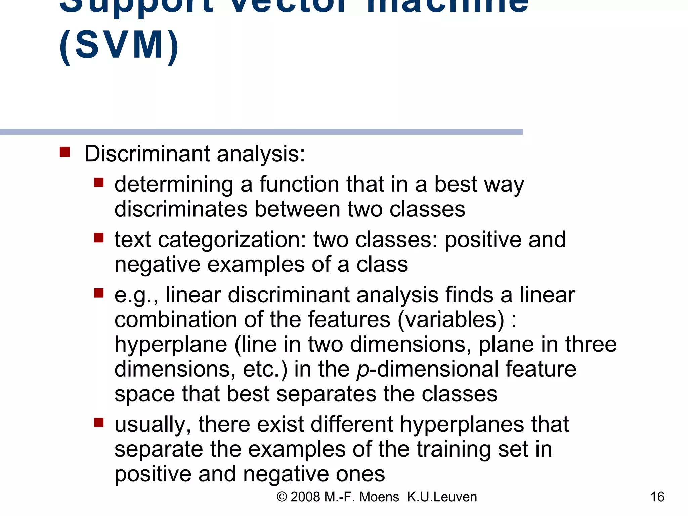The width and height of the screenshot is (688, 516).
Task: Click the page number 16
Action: pos(657,497)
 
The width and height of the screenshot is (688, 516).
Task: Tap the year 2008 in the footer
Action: pos(305,497)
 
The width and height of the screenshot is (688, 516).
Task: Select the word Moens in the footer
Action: pos(379,497)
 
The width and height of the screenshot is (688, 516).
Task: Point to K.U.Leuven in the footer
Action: pos(442,497)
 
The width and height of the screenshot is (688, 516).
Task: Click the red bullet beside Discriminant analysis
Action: pos(65,152)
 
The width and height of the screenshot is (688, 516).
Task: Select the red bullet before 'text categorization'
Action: pos(99,238)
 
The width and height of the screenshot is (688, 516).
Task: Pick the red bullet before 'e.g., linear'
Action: pos(99,293)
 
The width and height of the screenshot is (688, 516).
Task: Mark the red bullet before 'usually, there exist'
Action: pos(99,422)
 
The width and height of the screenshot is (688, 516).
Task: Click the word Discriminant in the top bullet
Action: pos(147,154)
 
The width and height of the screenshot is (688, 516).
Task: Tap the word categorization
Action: pos(232,240)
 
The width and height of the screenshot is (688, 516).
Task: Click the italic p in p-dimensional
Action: pos(363,370)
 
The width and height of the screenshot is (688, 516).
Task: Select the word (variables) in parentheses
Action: pos(451,319)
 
